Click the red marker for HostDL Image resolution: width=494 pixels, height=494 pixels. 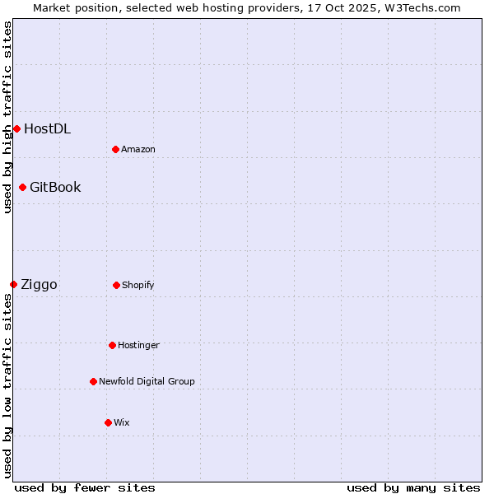pos(16,128)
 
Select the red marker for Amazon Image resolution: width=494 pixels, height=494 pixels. pos(115,149)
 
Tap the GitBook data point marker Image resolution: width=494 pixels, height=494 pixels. pos(22,187)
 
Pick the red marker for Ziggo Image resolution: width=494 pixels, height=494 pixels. pos(13,284)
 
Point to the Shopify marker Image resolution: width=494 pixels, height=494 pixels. pos(116,285)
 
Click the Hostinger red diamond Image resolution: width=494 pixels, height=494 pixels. pos(112,345)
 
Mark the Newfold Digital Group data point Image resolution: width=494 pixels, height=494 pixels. pos(93,381)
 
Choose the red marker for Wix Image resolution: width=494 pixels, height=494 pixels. pos(108,422)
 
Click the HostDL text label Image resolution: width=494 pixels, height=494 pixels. pos(47,128)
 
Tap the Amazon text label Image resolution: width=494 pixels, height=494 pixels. pos(138,149)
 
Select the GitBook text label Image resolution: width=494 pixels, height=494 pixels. pos(55,187)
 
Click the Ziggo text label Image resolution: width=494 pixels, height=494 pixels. pos(39,285)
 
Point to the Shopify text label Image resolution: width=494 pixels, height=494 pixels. pos(138,285)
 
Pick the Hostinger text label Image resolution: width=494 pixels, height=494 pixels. pos(138,345)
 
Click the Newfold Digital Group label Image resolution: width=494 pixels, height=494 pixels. pos(147,381)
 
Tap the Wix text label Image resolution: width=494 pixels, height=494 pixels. pos(122,422)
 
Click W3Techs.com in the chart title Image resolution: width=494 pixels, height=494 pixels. pos(419,7)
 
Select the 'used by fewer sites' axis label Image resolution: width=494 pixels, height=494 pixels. pos(85,487)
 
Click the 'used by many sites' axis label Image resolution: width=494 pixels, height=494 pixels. pos(413,487)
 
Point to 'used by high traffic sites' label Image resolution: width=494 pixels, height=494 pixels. pos(7,117)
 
